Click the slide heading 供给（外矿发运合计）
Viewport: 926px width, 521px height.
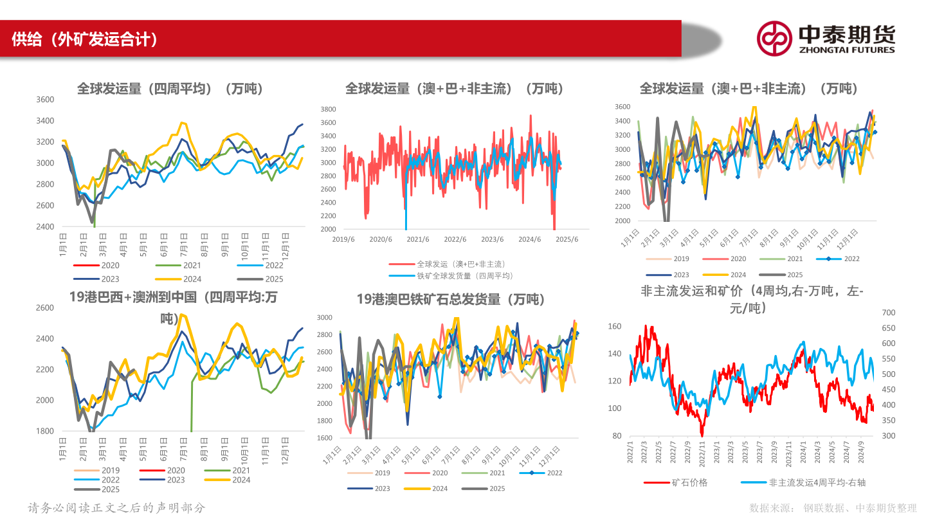pyautogui.click(x=84, y=39)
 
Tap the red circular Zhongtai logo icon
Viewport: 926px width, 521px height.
pyautogui.click(x=774, y=39)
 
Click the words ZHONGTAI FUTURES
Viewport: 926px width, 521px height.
pyautogui.click(x=846, y=50)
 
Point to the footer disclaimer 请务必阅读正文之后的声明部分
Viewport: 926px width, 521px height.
pyautogui.click(x=116, y=507)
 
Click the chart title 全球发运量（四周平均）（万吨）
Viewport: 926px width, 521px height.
pyautogui.click(x=170, y=89)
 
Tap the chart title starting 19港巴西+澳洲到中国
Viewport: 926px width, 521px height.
pyautogui.click(x=174, y=297)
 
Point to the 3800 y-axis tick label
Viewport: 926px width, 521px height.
pyautogui.click(x=328, y=109)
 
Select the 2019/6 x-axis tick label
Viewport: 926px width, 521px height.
pyautogui.click(x=343, y=239)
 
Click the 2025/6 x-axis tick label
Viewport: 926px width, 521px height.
pyautogui.click(x=567, y=239)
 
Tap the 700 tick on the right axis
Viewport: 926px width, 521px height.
pyautogui.click(x=887, y=313)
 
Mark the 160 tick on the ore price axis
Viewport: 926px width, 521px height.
pyautogui.click(x=614, y=327)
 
